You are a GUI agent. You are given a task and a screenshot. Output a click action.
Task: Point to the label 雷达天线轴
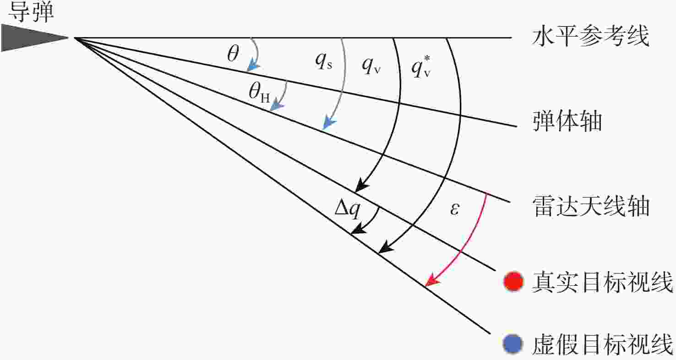tap(591, 206)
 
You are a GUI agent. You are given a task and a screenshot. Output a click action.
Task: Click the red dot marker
tap(513, 281)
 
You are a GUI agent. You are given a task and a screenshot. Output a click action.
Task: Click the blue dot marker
tap(513, 344)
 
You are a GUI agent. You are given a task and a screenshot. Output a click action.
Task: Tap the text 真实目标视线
tap(602, 282)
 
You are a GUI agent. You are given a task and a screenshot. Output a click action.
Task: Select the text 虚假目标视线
tap(602, 344)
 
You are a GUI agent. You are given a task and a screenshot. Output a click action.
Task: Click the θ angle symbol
tap(233, 54)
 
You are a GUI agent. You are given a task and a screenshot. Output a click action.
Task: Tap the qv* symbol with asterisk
tap(421, 67)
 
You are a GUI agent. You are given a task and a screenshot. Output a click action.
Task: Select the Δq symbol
tap(348, 209)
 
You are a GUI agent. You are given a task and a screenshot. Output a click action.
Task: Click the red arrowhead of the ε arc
tap(431, 280)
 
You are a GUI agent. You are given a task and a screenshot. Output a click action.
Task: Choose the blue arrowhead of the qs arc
tap(329, 124)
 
